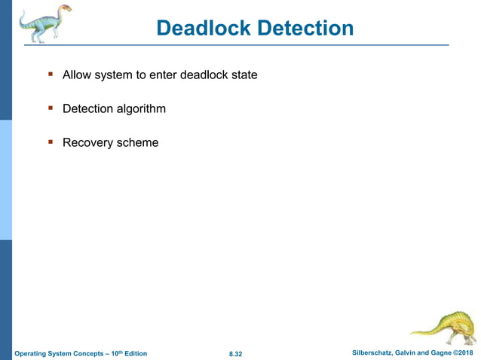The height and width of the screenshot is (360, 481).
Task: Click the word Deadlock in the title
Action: click(203, 29)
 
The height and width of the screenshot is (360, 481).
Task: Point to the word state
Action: click(243, 75)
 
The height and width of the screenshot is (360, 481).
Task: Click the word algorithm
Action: click(141, 109)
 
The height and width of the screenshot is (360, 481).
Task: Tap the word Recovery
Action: click(87, 142)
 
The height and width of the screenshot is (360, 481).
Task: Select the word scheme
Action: click(137, 142)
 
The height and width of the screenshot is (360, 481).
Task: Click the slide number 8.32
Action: click(234, 353)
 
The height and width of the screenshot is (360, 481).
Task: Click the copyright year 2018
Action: click(467, 352)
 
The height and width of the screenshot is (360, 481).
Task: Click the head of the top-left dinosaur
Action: click(66, 10)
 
